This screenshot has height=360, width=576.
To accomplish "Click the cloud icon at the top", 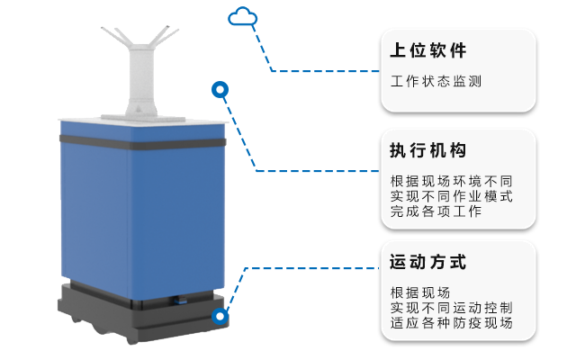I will pos(242,15).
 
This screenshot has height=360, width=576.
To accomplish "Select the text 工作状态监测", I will pos(436,81).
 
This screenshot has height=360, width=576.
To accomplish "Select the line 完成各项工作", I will pos(436,212).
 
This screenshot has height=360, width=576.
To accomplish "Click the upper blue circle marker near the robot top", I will pos(220,89).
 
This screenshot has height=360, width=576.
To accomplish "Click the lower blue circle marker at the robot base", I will pos(220,317).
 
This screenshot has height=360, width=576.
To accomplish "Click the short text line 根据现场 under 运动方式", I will pos(420,292).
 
